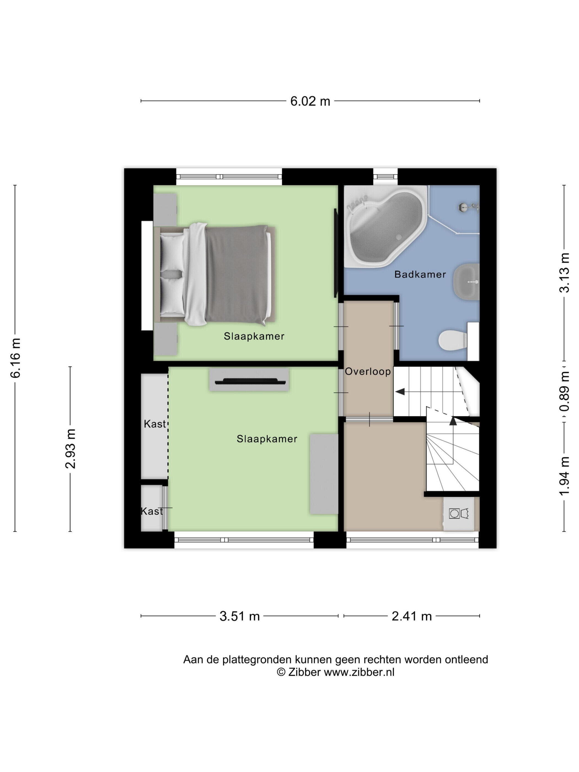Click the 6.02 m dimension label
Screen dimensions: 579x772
310,101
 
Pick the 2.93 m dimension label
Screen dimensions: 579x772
71,449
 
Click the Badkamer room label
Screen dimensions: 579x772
420,274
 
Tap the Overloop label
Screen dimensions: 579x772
368,372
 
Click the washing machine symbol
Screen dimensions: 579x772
458,513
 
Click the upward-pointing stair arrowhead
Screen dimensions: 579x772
453,421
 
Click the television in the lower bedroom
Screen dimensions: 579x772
249,381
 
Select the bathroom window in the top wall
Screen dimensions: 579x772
385,177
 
